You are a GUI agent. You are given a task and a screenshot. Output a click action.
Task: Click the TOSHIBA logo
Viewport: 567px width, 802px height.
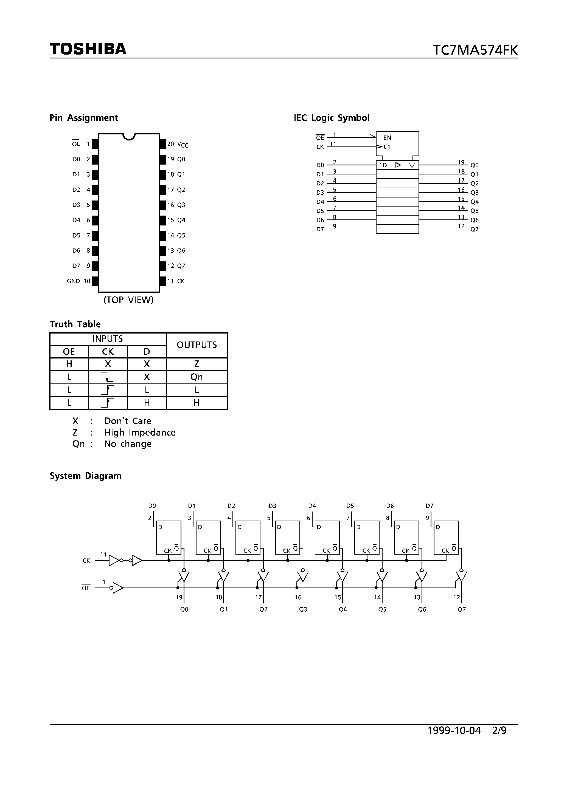88,49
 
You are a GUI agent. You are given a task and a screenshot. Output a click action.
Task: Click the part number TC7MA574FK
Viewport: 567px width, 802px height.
475,50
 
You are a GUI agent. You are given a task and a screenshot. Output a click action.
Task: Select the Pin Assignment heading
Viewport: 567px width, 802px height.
84,118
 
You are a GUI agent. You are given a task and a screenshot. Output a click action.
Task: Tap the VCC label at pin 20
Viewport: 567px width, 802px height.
183,144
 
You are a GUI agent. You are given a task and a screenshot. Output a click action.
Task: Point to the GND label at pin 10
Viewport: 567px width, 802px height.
73,281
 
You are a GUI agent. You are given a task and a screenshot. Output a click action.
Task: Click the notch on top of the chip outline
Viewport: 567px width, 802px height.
129,136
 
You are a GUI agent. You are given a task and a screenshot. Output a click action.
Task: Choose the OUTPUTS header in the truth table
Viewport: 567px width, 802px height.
197,345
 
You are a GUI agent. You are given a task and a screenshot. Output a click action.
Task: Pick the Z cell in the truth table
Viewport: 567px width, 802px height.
197,364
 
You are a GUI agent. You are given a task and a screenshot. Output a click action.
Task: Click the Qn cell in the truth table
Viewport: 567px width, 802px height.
197,377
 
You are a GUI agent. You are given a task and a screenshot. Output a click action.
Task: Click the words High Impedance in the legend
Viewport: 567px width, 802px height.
140,433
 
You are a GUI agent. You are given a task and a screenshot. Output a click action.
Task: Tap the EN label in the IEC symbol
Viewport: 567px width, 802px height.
387,138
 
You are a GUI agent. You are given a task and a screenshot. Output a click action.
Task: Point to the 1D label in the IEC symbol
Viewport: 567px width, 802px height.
383,165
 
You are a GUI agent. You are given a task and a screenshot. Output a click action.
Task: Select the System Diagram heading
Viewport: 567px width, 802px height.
85,476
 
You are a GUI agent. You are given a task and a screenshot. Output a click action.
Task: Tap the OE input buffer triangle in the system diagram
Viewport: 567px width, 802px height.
118,588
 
